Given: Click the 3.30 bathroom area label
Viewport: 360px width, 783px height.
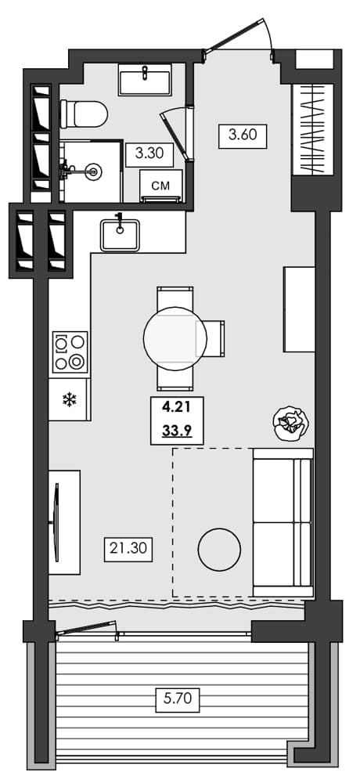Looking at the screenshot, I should (x=149, y=153).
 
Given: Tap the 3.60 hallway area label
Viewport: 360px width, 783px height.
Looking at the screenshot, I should (x=243, y=135).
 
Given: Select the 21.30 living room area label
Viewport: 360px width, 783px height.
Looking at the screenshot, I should (x=128, y=549).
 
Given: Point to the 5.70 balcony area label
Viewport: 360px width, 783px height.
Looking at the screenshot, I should (x=177, y=698).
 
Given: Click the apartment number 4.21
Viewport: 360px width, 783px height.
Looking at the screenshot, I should (x=177, y=408).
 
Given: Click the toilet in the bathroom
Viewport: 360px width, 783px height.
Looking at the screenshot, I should (x=83, y=115).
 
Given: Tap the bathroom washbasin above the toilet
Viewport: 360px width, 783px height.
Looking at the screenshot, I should (x=146, y=81).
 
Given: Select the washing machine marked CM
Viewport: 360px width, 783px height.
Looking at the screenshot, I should (x=160, y=186).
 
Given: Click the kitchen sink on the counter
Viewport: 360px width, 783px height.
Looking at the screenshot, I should (x=120, y=235).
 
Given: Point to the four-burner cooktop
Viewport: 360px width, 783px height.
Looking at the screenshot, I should (x=70, y=352).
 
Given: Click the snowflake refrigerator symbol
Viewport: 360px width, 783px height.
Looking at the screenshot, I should (x=69, y=400).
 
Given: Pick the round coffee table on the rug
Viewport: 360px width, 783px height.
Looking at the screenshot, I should (x=219, y=550).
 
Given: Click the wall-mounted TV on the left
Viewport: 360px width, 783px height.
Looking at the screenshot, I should (x=57, y=521).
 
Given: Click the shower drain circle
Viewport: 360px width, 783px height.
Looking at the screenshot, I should (x=94, y=169).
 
